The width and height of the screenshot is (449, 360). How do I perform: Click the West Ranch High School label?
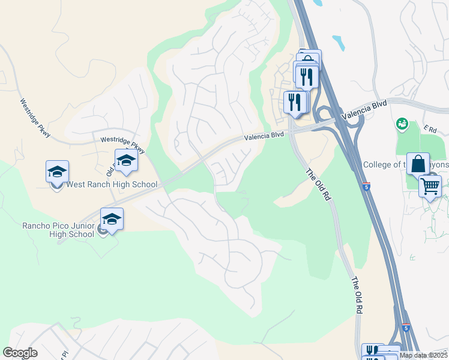click(112, 185)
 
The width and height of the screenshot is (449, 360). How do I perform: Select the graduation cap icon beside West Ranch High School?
click(58, 172)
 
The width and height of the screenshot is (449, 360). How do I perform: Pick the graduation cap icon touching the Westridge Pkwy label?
click(126, 160)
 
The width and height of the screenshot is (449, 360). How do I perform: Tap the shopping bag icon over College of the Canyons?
click(418, 164)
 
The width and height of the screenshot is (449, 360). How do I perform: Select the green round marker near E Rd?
click(402, 124)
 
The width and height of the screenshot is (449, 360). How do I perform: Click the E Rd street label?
click(429, 128)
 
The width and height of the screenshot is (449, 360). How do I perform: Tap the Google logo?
click(20, 353)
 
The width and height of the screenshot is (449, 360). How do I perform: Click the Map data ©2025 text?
click(424, 355)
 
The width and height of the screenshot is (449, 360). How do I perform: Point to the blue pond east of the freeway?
click(339, 43)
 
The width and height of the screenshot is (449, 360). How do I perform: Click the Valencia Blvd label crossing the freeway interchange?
click(362, 110)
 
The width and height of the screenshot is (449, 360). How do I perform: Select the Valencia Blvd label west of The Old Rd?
click(264, 137)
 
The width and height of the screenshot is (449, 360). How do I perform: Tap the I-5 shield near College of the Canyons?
click(367, 186)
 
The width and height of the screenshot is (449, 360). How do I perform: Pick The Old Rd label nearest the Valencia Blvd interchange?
click(318, 184)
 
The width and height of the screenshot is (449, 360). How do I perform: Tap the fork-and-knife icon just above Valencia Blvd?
click(294, 101)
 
